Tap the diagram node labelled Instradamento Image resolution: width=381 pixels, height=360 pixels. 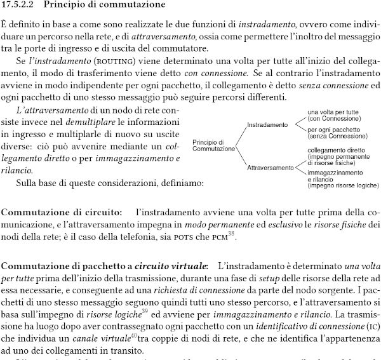pos(267,124)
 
